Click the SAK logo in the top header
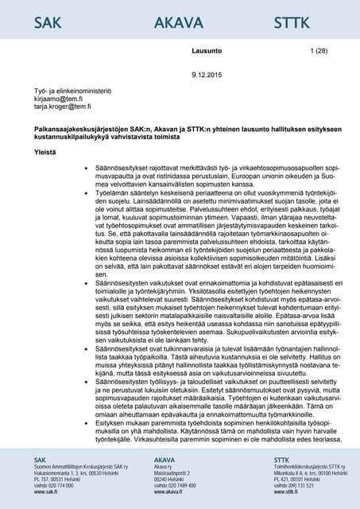[48, 22]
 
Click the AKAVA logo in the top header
[177, 22]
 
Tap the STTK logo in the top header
[292, 22]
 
